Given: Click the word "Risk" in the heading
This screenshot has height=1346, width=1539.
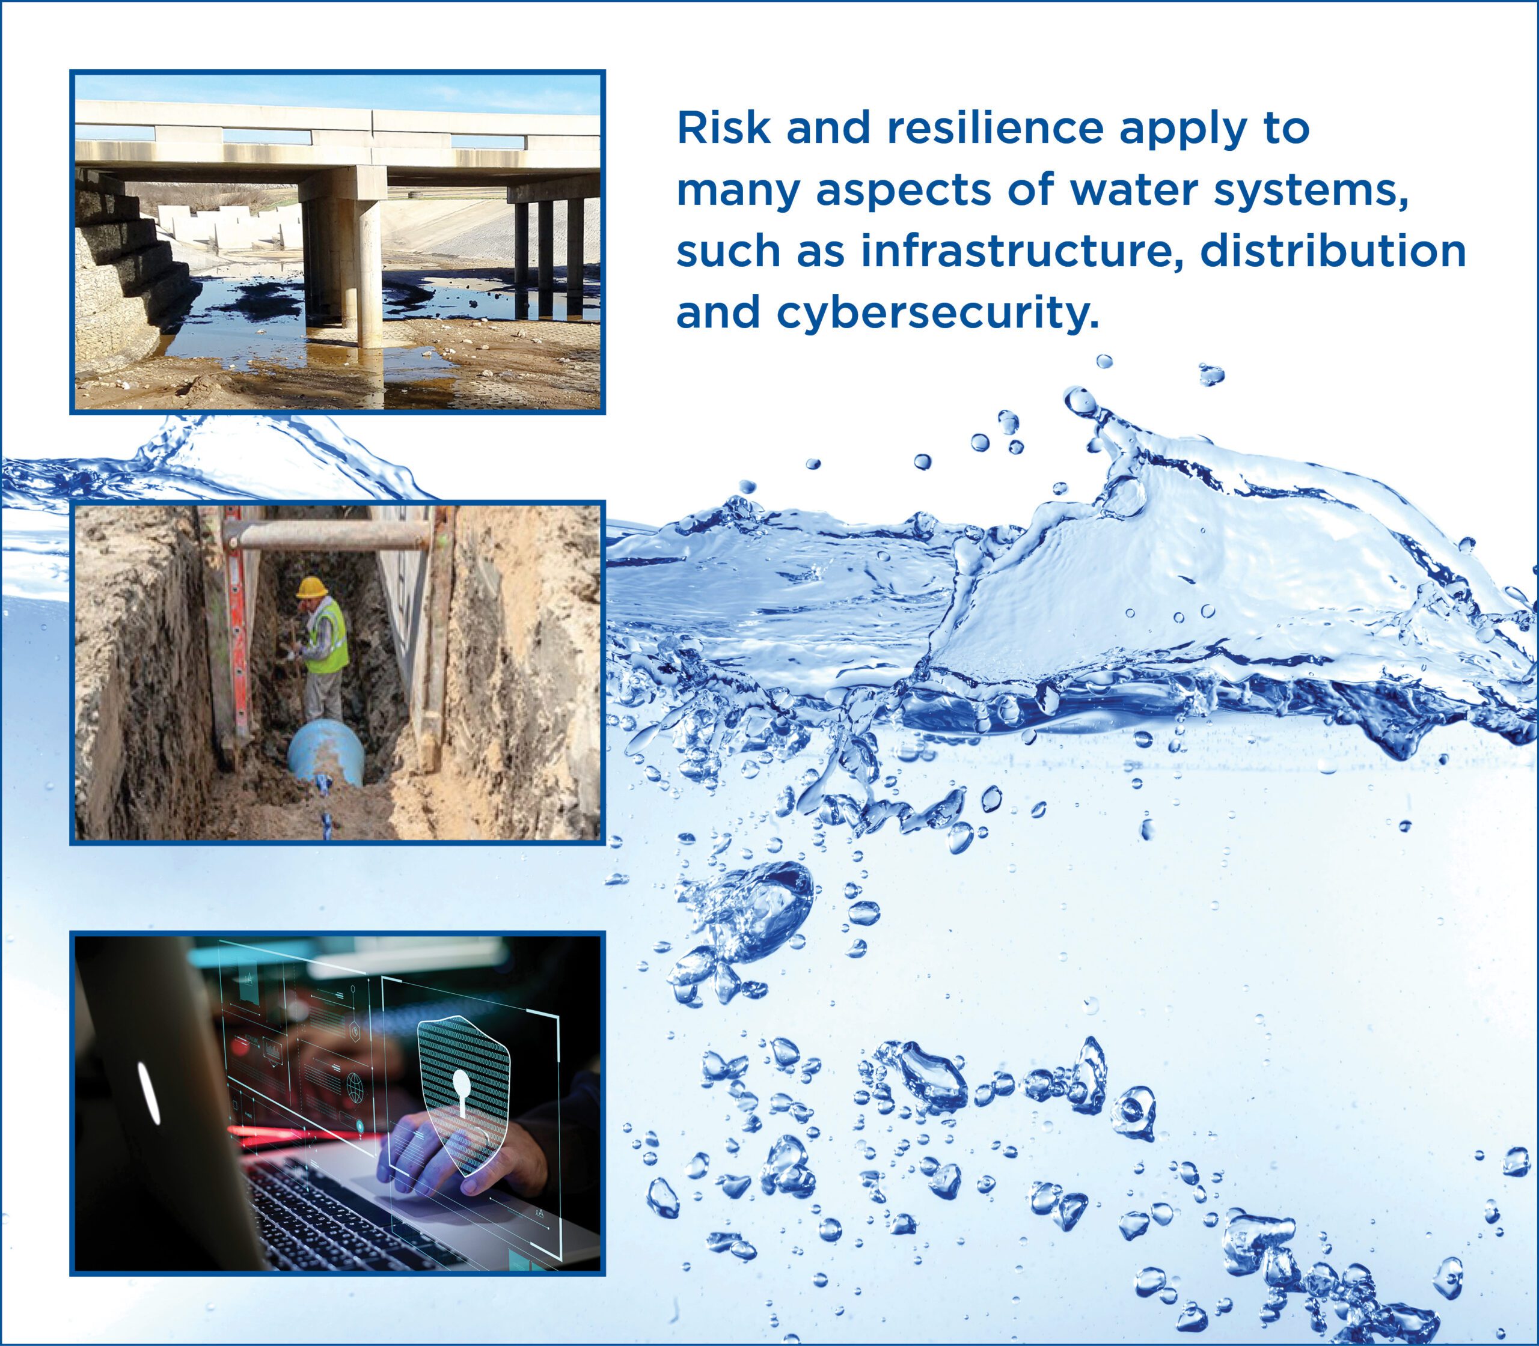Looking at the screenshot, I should coord(723,129).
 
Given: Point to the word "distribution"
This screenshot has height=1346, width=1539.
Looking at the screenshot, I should coord(1332,252).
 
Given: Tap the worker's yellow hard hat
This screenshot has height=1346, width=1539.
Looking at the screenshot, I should coord(310,588).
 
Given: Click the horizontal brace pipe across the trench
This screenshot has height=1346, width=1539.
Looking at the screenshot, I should coord(331,535).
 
